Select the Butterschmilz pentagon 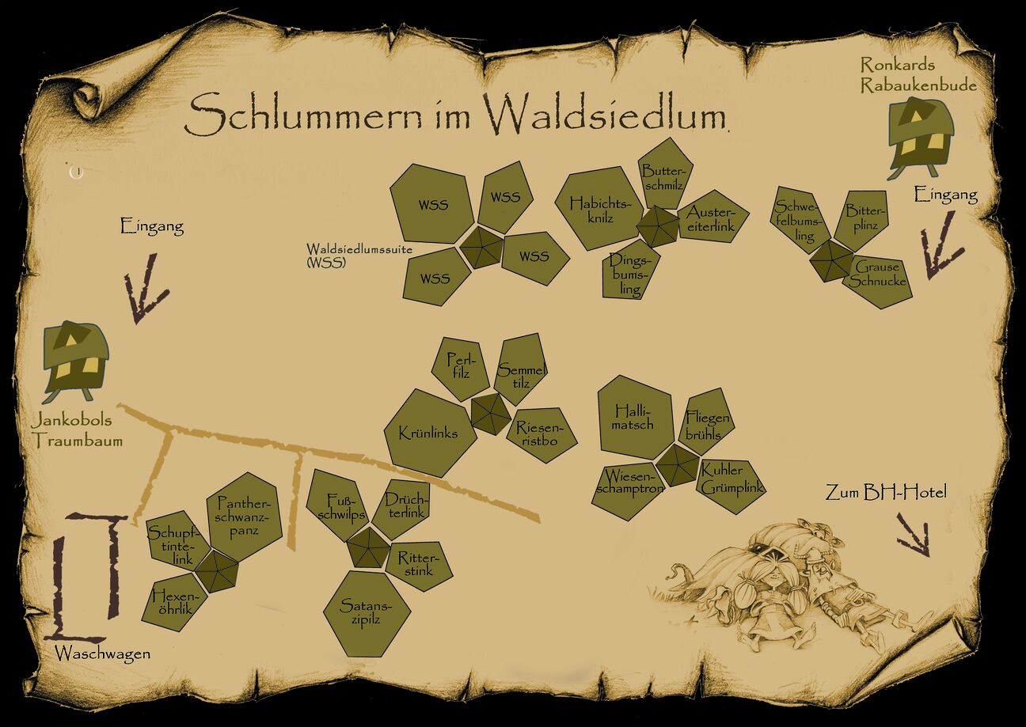pos(663,173)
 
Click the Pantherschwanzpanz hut pos(244,516)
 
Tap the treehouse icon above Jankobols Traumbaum pos(75,358)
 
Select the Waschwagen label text pos(102,653)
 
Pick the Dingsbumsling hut pos(630,274)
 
